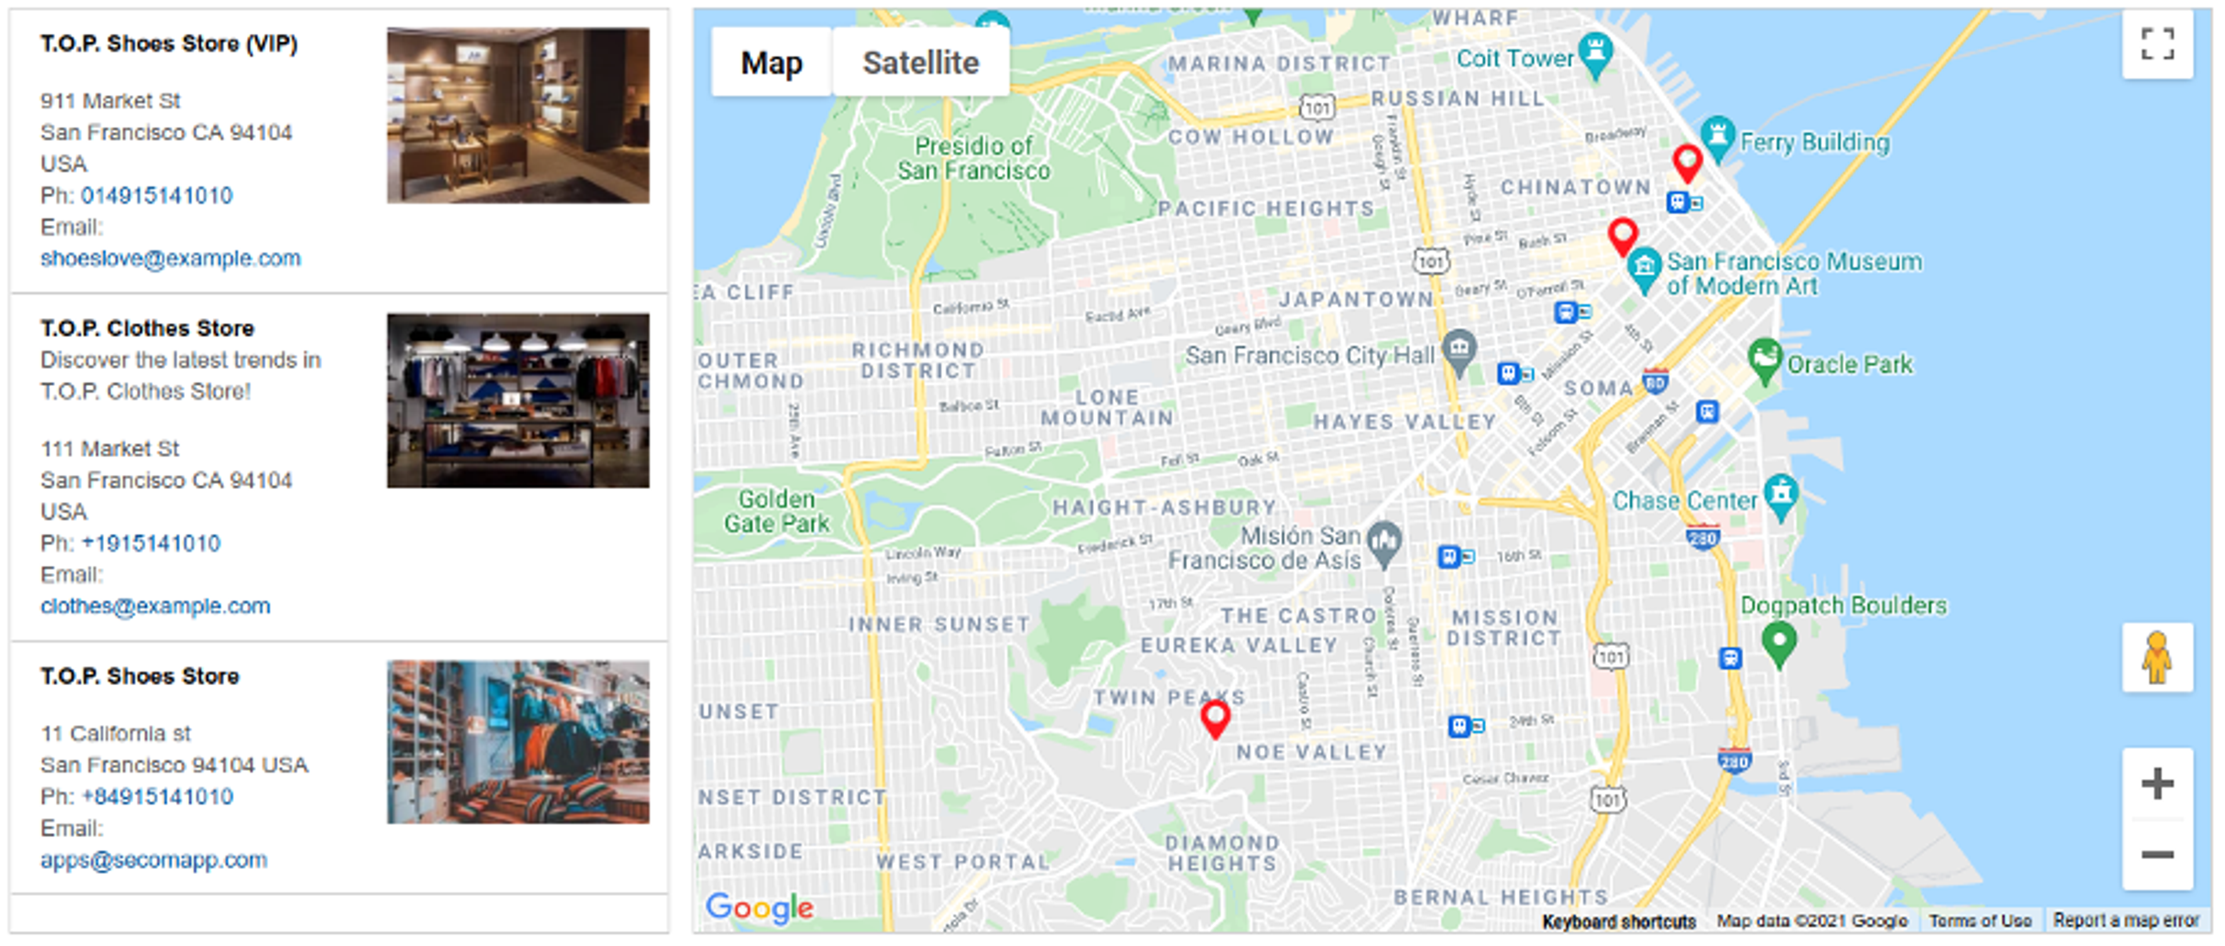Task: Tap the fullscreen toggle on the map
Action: click(x=2157, y=44)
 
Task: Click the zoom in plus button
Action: click(x=2157, y=784)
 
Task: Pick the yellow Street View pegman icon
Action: click(x=2157, y=657)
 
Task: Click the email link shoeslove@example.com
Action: click(x=170, y=259)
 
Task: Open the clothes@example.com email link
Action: click(x=155, y=606)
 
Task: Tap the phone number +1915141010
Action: click(x=151, y=543)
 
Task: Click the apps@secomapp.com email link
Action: click(x=154, y=860)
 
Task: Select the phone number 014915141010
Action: click(x=156, y=195)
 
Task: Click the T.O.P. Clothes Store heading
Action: click(x=147, y=328)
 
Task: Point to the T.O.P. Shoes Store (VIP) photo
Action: click(x=517, y=116)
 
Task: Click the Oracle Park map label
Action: click(x=1850, y=365)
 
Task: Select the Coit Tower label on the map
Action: click(x=1514, y=58)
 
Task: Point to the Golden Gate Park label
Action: click(x=776, y=511)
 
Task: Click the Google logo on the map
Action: click(x=759, y=907)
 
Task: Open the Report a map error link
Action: click(x=2126, y=921)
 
